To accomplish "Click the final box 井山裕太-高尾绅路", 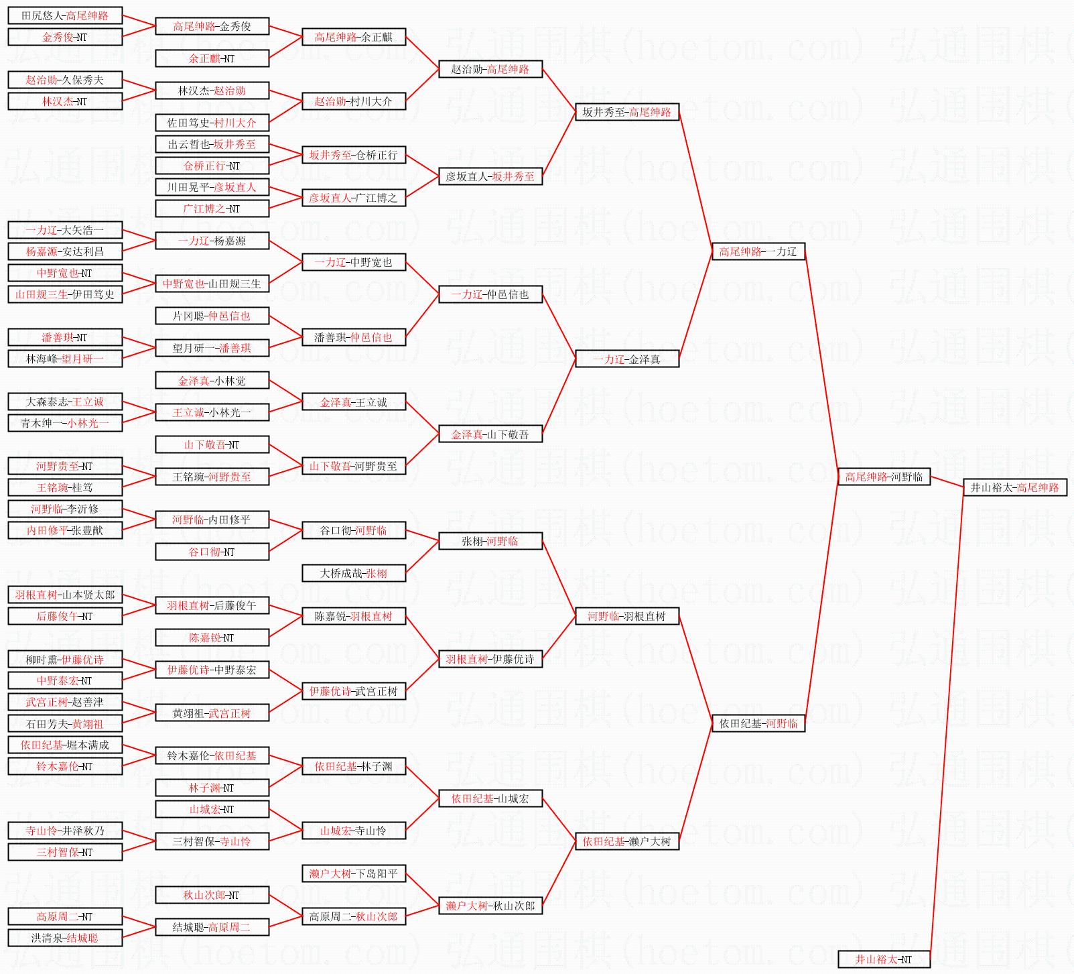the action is [x=1014, y=487].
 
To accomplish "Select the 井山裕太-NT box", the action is [x=884, y=959].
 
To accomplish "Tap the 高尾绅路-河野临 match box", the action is [x=884, y=477].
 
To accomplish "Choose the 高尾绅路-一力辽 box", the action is [x=758, y=251].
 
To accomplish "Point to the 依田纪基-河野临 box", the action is [x=758, y=723].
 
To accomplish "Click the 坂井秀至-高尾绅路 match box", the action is [x=627, y=112].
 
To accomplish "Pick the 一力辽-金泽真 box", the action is [x=627, y=359].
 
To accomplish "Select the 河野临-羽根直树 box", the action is [x=627, y=616].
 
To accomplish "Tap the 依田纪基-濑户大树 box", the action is [x=627, y=841].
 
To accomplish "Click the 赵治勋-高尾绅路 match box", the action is [x=490, y=69].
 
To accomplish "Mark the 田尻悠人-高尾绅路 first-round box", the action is [x=65, y=15].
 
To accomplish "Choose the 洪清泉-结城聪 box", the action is [x=65, y=938].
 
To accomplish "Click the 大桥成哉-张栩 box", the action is [x=354, y=573].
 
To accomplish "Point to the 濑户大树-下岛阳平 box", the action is [x=354, y=873].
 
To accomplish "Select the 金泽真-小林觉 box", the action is [x=212, y=381].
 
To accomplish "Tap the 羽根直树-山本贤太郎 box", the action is [x=65, y=595].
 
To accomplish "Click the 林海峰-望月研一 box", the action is [x=65, y=359].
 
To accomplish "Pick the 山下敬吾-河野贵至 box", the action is [x=354, y=466].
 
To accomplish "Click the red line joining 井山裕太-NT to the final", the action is [x=947, y=723].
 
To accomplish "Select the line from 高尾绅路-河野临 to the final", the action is [x=947, y=482].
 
